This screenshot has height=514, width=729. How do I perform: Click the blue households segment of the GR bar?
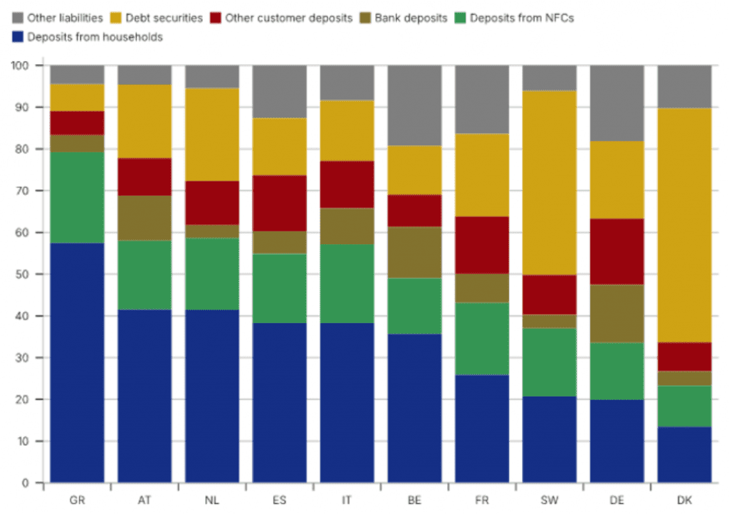(x=77, y=363)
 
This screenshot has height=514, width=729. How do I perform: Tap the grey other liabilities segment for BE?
(x=414, y=105)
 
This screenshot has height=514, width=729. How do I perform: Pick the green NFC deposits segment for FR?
(x=482, y=339)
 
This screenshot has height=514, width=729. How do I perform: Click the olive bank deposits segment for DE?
(x=617, y=313)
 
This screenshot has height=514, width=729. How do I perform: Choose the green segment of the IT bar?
(x=347, y=284)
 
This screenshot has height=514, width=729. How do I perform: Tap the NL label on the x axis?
(x=211, y=500)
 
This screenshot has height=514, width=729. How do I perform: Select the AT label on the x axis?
(x=144, y=500)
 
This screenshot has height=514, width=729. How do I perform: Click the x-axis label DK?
(x=684, y=500)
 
